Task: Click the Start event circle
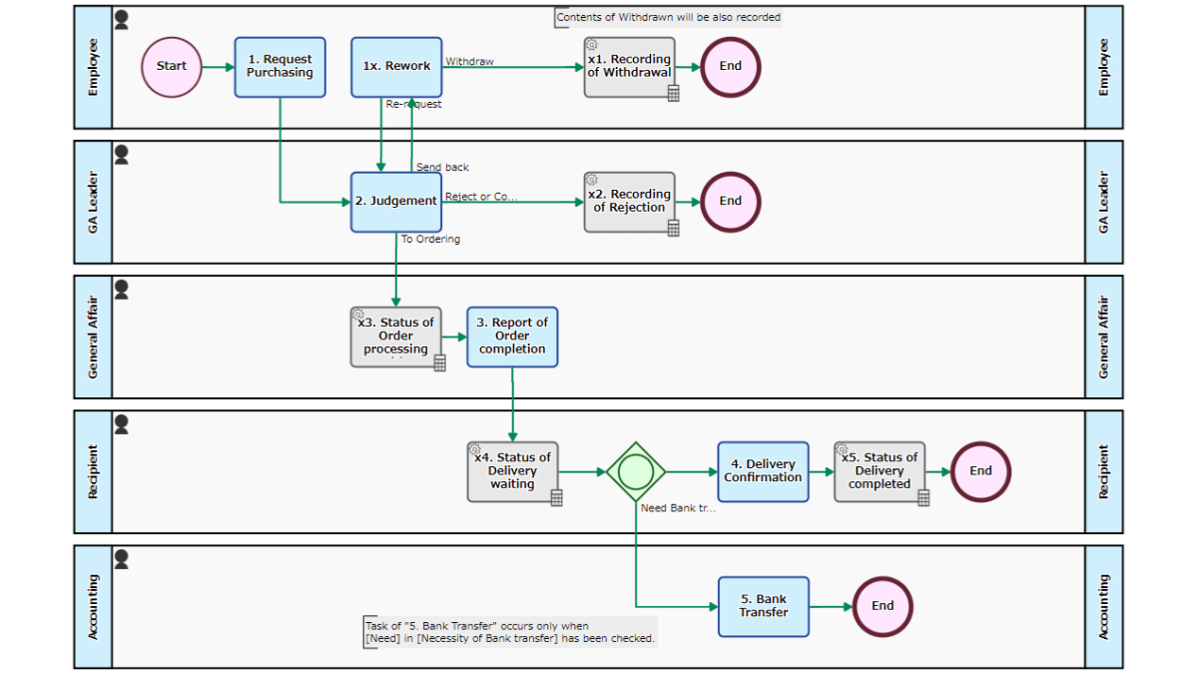(x=172, y=67)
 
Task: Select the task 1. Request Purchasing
(x=280, y=67)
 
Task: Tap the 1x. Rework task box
(x=396, y=67)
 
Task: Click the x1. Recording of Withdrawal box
(x=629, y=67)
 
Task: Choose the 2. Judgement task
(x=396, y=202)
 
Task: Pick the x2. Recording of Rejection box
(x=629, y=202)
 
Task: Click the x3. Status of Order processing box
(x=396, y=337)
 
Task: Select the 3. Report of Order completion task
(x=512, y=337)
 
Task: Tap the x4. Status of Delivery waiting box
(x=512, y=471)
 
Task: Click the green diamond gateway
(x=636, y=471)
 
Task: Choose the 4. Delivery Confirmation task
(x=763, y=471)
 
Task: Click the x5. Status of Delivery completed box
(x=880, y=471)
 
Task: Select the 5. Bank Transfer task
(x=763, y=606)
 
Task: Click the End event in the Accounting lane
(x=883, y=606)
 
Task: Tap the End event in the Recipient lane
(x=980, y=471)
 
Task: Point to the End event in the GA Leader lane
(x=731, y=202)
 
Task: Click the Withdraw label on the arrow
(x=469, y=62)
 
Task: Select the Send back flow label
(x=442, y=168)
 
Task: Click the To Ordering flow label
(x=430, y=240)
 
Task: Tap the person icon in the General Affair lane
(x=122, y=290)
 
